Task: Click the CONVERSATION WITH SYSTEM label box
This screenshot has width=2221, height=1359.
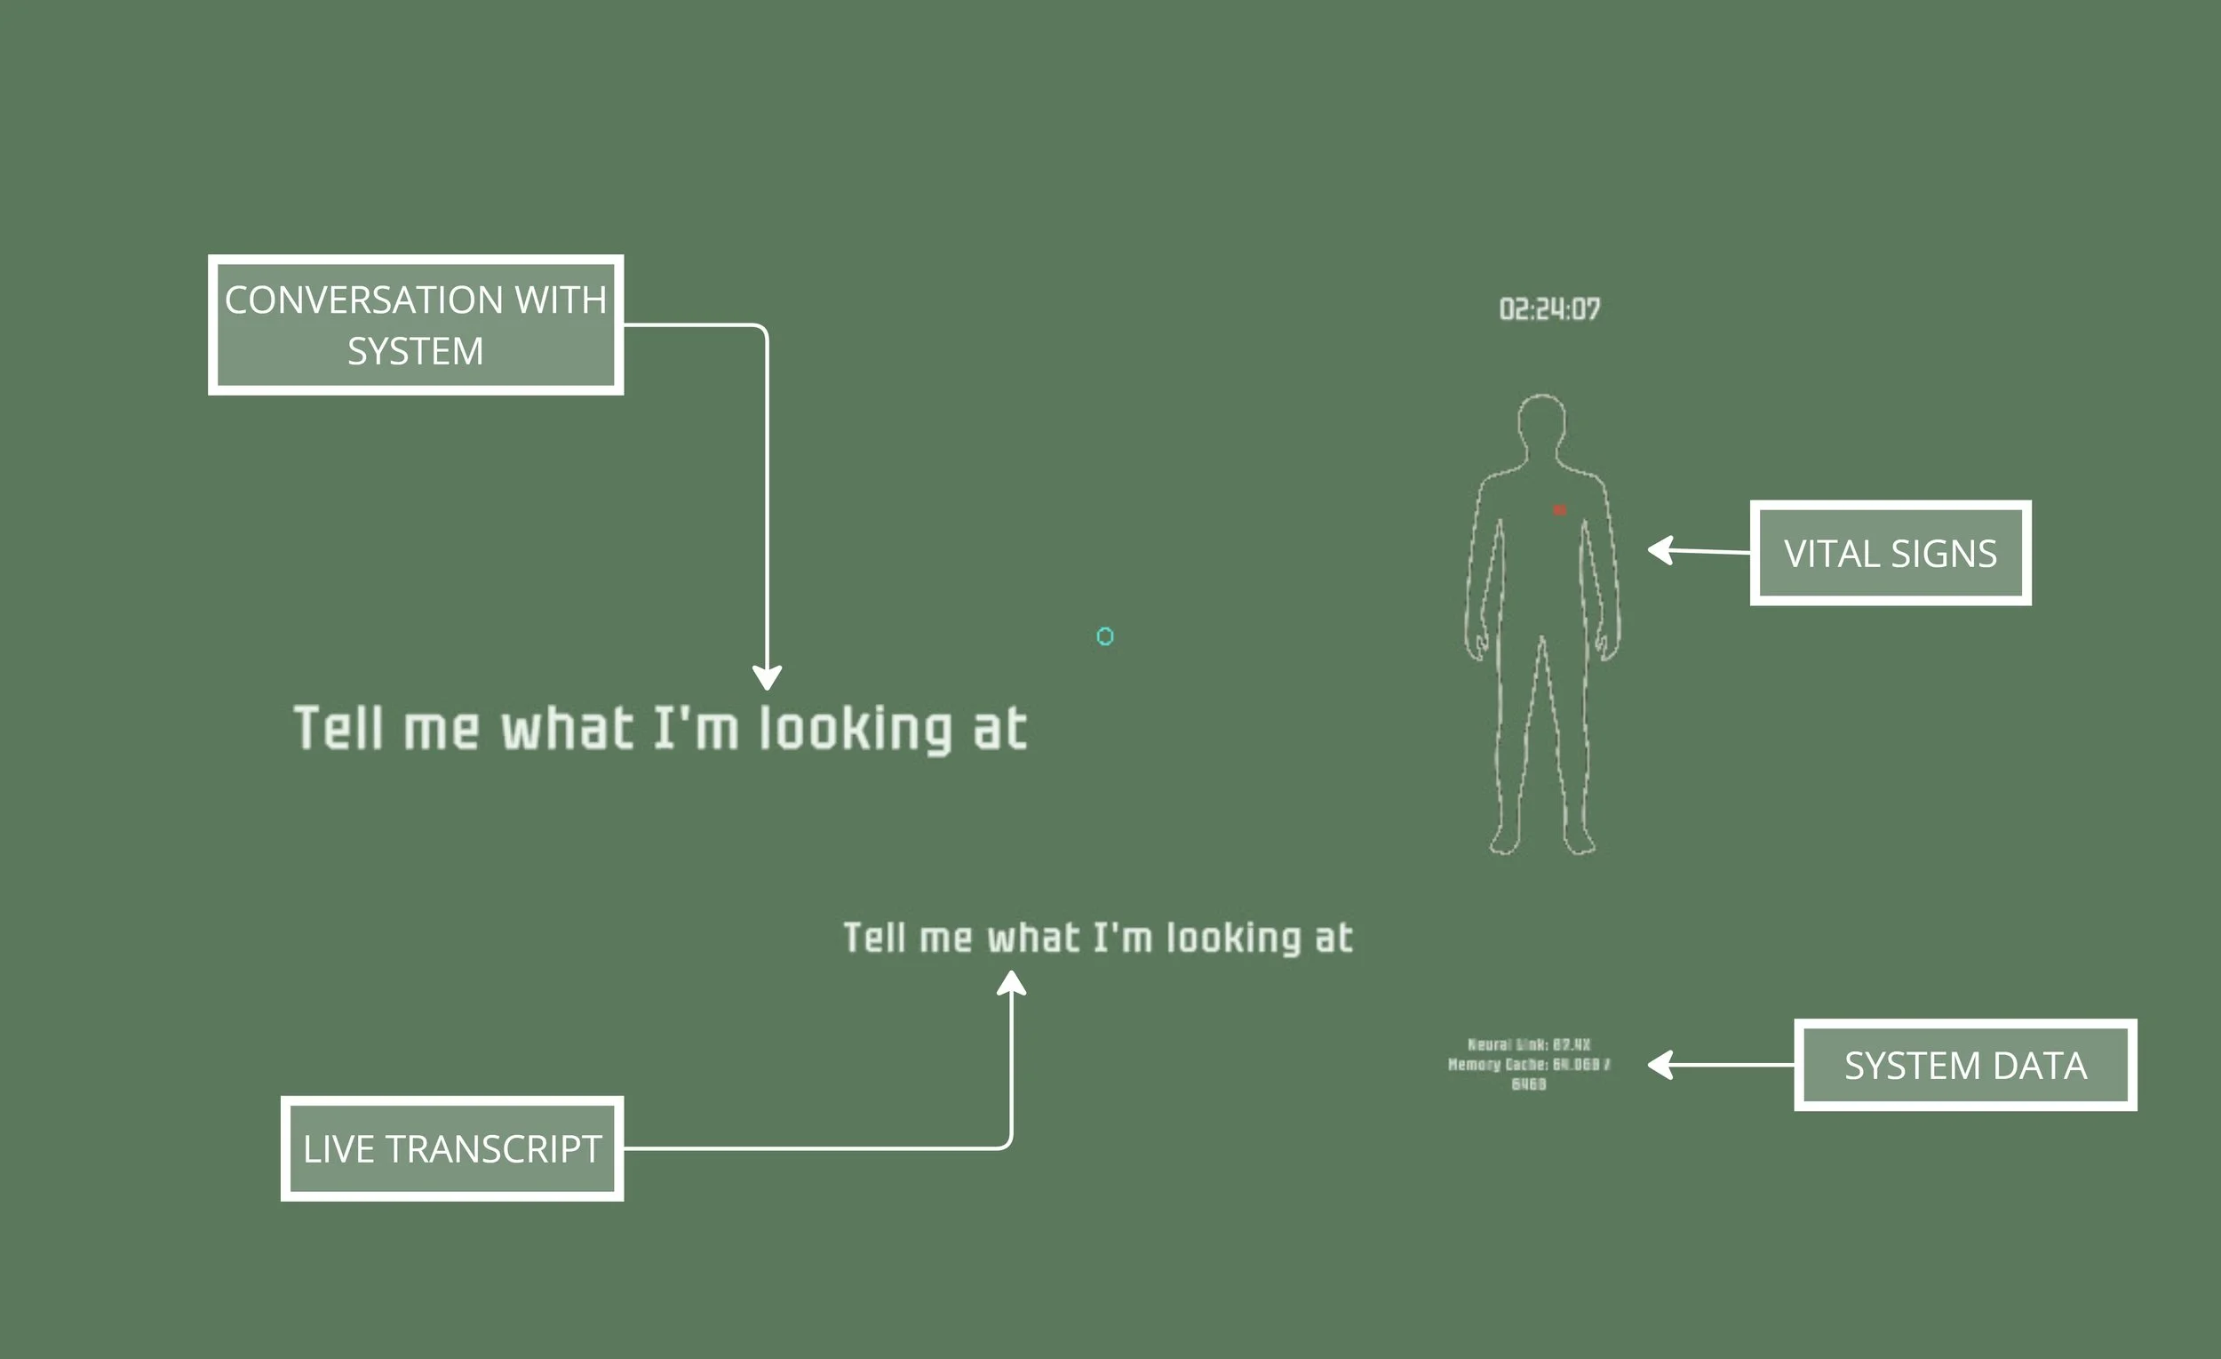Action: pos(416,324)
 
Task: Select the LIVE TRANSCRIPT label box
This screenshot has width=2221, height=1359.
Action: pos(451,1149)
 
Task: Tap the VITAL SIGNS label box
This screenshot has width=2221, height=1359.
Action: pos(1891,553)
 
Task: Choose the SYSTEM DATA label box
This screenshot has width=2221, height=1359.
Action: pos(1965,1065)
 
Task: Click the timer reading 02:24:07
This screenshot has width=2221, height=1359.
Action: pos(1549,309)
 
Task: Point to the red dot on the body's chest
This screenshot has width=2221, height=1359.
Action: pos(1559,510)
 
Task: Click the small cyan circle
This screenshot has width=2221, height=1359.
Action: pos(1105,636)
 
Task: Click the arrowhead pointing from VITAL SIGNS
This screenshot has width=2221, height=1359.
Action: pos(1661,549)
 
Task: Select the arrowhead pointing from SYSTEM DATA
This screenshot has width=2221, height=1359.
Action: pos(1661,1065)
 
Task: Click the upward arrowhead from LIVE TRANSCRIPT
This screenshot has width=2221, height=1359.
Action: pos(1011,983)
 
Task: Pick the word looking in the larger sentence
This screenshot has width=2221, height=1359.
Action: pos(856,729)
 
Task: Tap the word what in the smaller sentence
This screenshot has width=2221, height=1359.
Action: pos(1033,938)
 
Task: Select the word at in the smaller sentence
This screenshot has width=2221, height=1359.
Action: pos(1334,938)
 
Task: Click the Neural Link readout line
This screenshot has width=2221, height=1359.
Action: pos(1529,1044)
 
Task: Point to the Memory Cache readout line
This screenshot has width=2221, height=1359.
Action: pos(1529,1065)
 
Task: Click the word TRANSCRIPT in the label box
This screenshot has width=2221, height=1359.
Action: pos(493,1149)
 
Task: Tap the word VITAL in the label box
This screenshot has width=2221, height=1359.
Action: pos(1832,554)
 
